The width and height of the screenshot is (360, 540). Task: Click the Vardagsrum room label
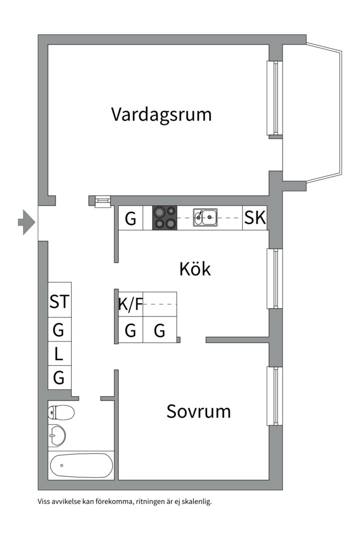click(x=161, y=114)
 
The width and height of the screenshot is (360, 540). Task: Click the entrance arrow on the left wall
click(x=25, y=220)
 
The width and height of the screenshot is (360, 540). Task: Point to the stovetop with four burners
click(x=164, y=218)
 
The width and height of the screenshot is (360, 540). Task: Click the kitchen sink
click(x=205, y=217)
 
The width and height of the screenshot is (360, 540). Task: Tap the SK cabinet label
click(x=254, y=218)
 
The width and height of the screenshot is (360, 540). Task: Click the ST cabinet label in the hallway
click(x=59, y=302)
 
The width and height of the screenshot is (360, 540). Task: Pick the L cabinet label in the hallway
click(x=59, y=354)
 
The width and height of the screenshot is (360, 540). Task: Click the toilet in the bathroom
click(x=61, y=412)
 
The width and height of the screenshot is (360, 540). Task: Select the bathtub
click(x=81, y=465)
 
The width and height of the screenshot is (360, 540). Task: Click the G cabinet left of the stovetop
click(x=130, y=218)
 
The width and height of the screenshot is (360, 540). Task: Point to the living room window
click(x=275, y=97)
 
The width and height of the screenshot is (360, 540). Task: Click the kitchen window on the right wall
click(x=275, y=278)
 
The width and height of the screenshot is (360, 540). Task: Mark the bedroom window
click(x=275, y=396)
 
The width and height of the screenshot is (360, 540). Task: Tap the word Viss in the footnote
click(x=43, y=501)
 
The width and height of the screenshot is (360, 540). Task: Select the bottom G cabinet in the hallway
click(x=59, y=378)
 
